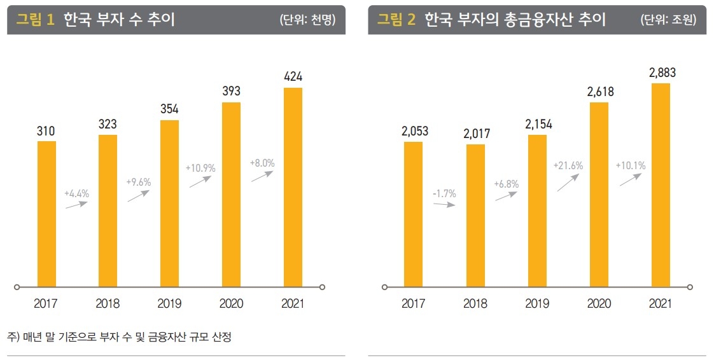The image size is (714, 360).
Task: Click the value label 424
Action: click(293, 77)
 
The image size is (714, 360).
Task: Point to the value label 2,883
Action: click(662, 73)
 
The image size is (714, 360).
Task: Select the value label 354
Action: click(169, 109)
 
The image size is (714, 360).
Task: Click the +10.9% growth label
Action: click(200, 169)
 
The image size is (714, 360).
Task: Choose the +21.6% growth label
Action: click(568, 166)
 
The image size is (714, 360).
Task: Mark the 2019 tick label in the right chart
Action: click(537, 304)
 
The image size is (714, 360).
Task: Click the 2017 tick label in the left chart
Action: click(46, 304)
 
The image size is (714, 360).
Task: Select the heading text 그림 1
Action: click(36, 20)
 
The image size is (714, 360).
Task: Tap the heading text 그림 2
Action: click(396, 20)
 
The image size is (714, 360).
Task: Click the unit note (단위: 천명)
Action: click(307, 20)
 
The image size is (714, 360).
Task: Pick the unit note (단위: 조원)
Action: click(668, 20)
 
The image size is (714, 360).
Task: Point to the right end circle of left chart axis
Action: click(323, 287)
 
